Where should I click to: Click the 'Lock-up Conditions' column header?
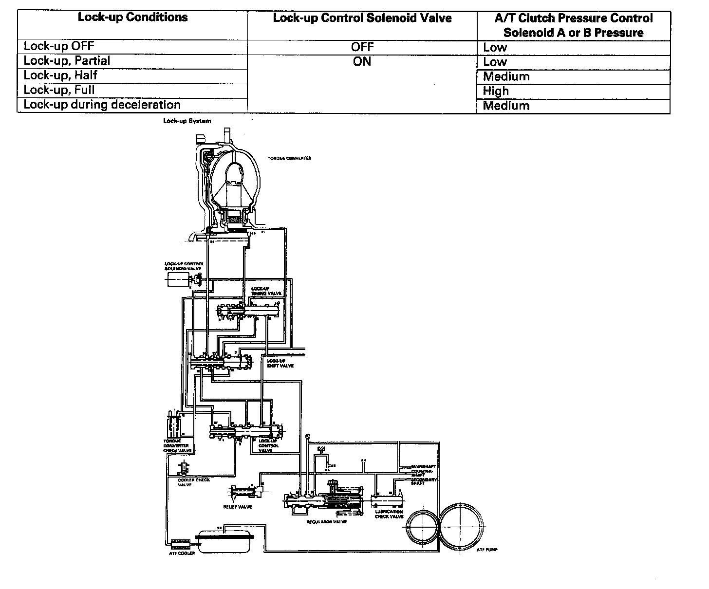[132, 18]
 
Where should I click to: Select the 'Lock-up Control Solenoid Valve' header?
[362, 18]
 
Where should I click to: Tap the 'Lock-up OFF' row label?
[59, 46]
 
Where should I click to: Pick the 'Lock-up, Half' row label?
[60, 75]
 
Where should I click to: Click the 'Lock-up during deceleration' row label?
[102, 105]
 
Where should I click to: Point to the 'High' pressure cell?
[496, 91]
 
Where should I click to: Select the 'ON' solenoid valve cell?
[362, 62]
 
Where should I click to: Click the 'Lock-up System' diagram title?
[187, 121]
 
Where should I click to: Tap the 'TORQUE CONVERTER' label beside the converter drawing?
[289, 158]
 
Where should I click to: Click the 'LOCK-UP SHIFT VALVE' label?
[280, 363]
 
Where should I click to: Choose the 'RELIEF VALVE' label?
[238, 507]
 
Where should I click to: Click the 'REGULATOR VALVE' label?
[326, 521]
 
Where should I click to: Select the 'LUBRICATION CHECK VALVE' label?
[389, 514]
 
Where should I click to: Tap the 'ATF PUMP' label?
[487, 550]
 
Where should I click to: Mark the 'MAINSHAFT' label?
[423, 466]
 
